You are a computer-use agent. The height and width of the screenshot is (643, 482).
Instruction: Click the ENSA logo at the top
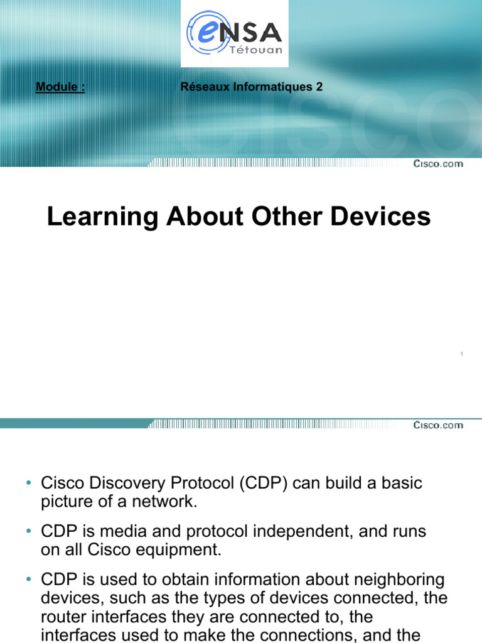point(235,33)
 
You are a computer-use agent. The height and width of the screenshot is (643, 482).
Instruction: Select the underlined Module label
point(60,87)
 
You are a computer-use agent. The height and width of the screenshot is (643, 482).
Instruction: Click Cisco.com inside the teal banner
point(438,164)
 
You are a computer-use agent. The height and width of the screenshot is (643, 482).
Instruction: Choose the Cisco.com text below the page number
point(438,425)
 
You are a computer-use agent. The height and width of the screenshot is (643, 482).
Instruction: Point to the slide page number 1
point(461,355)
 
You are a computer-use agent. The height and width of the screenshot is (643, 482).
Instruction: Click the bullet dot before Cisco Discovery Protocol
point(29,483)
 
